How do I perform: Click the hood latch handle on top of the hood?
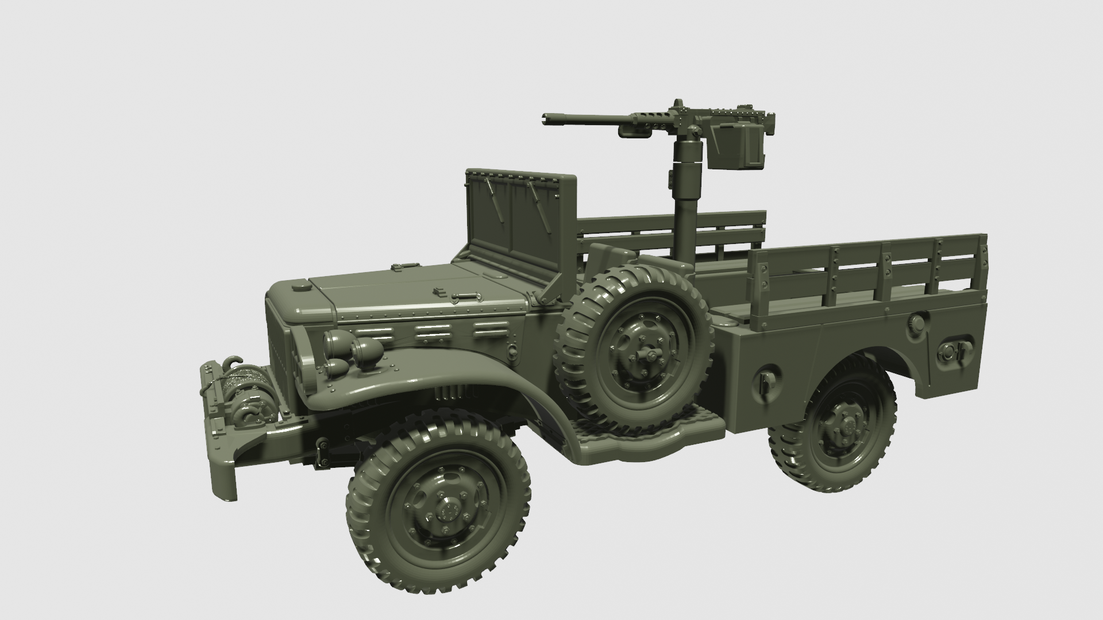(x=465, y=297)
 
